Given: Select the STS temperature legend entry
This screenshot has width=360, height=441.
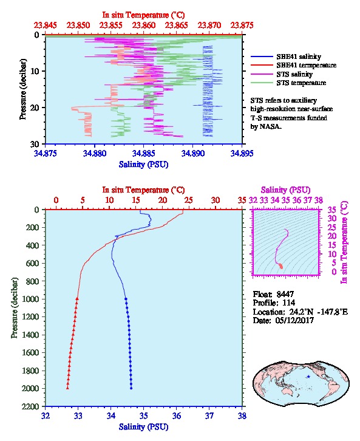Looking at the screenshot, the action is [x=288, y=83].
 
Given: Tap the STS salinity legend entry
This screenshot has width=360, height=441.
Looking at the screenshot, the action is [x=282, y=74].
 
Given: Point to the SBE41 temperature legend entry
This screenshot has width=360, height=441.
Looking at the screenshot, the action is [x=293, y=65].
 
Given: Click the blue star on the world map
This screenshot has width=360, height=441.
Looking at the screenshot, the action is [x=308, y=377].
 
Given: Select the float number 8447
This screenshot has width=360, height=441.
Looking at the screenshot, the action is [x=285, y=294].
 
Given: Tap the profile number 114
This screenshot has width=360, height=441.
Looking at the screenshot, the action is [x=288, y=303].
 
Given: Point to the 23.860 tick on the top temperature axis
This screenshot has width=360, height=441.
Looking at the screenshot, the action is [x=144, y=26].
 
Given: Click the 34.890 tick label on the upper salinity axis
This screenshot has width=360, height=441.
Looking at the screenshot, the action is [x=193, y=153].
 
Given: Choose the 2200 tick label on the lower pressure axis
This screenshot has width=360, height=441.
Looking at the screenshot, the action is [x=31, y=406].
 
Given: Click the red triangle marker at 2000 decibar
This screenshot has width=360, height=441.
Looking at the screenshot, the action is [x=67, y=388].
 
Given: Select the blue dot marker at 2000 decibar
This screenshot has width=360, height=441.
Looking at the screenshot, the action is [x=131, y=388].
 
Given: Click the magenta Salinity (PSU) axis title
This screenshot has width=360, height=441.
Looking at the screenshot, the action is [x=285, y=190].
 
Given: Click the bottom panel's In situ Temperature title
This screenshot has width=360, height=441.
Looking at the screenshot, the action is [x=143, y=190].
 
